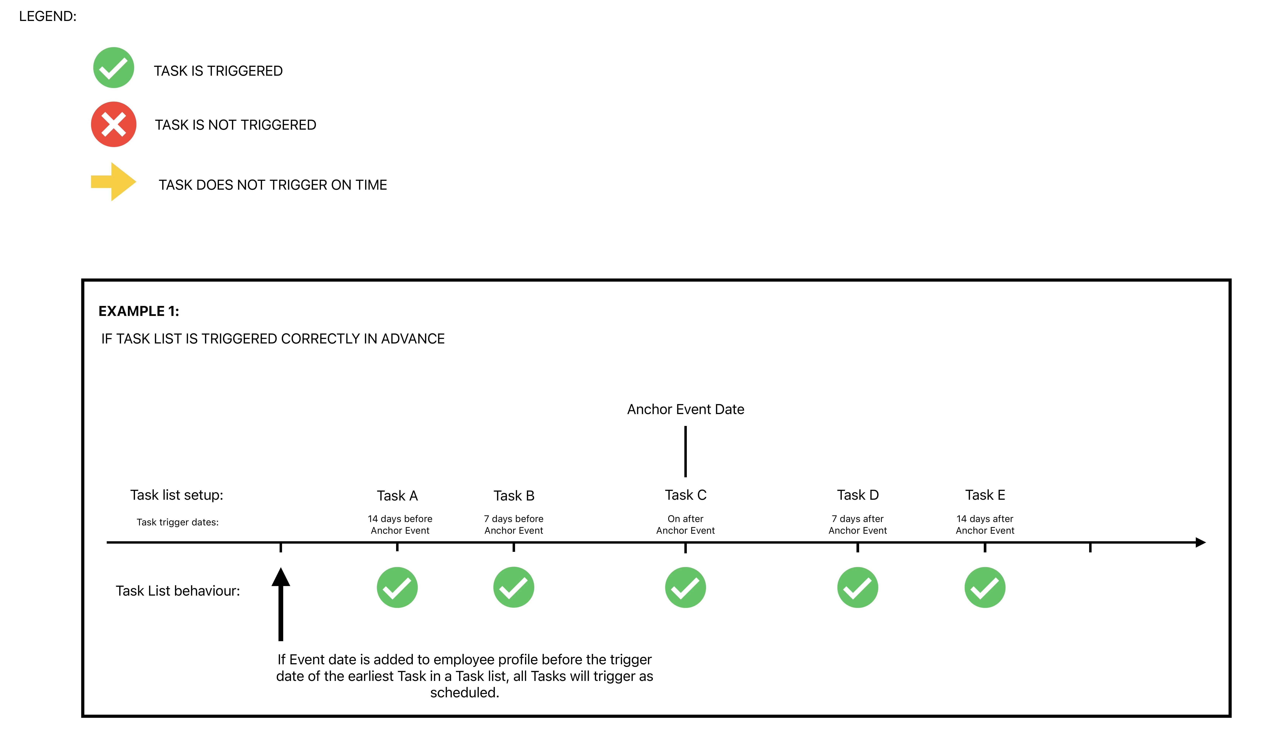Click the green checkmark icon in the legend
click(x=113, y=68)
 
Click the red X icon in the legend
click(x=113, y=124)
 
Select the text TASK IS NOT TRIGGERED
click(x=235, y=125)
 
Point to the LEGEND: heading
click(x=48, y=16)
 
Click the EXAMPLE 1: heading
click(x=139, y=311)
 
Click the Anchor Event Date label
click(x=685, y=409)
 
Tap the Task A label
click(x=397, y=495)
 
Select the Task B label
click(x=514, y=495)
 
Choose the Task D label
click(x=858, y=495)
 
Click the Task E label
click(x=985, y=495)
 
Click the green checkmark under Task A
click(x=397, y=587)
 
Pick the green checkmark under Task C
click(x=685, y=587)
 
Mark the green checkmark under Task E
click(x=985, y=587)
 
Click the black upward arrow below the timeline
click(x=281, y=604)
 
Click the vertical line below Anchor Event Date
click(x=685, y=452)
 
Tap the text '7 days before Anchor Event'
click(x=514, y=524)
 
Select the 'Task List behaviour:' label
click(x=178, y=591)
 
